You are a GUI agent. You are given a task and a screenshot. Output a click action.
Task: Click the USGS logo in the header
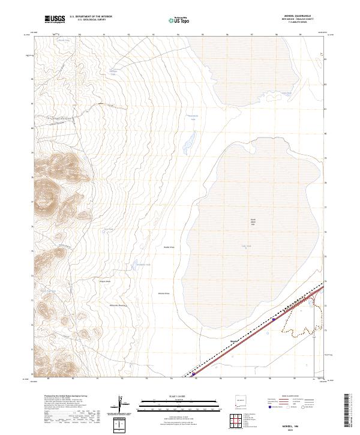pos(55,20)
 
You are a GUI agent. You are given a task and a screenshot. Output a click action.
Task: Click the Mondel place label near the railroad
pos(235,340)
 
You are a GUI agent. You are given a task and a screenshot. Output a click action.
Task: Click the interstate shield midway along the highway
pos(274,320)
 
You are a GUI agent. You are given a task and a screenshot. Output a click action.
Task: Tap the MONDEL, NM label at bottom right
pos(302,424)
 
